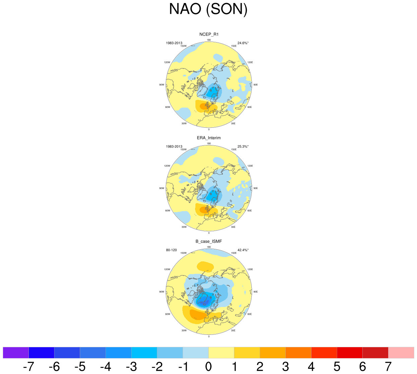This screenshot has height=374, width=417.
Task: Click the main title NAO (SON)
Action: tap(208, 9)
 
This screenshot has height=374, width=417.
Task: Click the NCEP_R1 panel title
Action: tap(209, 34)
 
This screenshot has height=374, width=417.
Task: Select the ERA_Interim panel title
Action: tap(209, 138)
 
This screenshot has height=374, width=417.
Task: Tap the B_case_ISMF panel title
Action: tap(209, 241)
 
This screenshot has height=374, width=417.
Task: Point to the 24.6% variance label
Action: tap(243, 43)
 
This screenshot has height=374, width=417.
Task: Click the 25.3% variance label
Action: tap(243, 146)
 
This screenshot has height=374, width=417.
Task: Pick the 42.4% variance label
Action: tap(243, 250)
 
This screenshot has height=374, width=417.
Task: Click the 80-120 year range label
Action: tap(171, 250)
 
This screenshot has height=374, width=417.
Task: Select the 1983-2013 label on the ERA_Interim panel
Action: tap(174, 146)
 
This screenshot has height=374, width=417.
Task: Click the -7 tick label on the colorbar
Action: tap(28, 367)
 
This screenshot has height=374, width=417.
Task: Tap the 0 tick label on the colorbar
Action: tap(208, 367)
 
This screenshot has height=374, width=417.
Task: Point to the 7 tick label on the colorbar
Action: tap(388, 367)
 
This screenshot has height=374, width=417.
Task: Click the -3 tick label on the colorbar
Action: tap(131, 367)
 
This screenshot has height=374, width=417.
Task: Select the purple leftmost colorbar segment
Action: tap(16, 353)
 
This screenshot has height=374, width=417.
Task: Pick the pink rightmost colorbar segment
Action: tap(401, 353)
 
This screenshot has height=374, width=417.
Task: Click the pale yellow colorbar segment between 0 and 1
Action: tap(221, 353)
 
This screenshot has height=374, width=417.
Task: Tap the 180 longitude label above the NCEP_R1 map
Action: tap(209, 40)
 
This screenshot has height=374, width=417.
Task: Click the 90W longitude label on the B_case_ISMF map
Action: tap(162, 292)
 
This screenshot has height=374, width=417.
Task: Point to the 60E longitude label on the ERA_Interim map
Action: tap(249, 210)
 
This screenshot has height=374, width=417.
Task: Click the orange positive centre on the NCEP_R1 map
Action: tap(203, 107)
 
